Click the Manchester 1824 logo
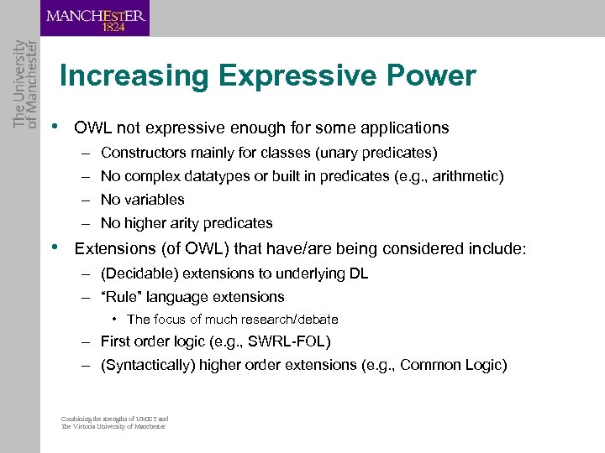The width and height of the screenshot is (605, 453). coord(95,18)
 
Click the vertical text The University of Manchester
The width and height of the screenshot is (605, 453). coord(25,84)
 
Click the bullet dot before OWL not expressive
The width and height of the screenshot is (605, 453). coord(55,128)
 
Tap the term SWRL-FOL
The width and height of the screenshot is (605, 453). coord(293,341)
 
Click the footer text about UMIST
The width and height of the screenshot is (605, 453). coord(114,422)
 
